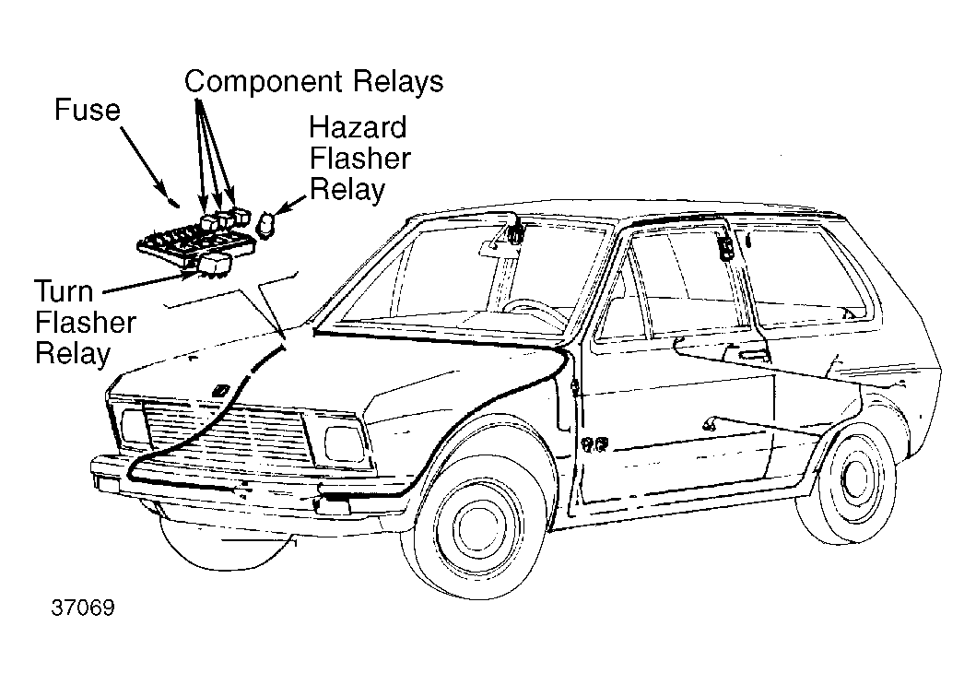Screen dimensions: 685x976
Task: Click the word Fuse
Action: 88,111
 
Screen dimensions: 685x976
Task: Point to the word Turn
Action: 65,292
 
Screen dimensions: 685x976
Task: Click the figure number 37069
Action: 83,609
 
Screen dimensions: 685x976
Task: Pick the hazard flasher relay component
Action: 267,224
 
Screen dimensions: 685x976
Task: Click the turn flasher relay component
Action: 215,264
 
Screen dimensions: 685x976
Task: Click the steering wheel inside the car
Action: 535,309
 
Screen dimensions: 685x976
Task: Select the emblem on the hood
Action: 221,390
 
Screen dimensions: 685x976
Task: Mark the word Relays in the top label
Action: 398,82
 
